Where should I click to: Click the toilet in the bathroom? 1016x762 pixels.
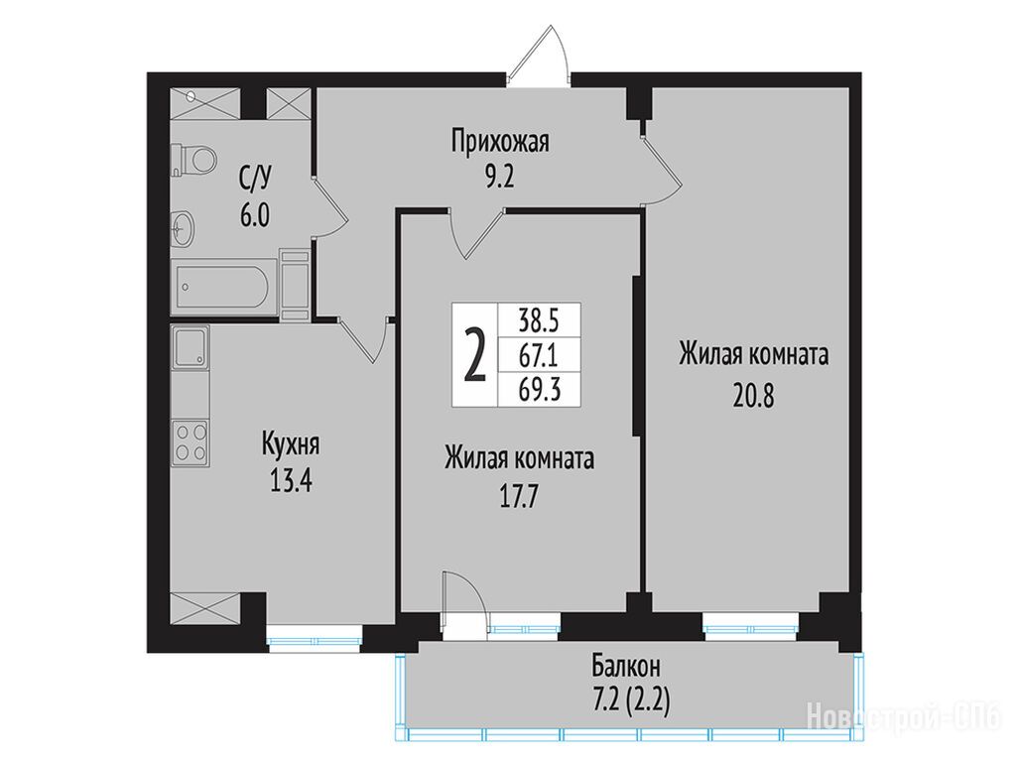click(193, 159)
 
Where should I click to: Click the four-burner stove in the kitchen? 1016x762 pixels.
click(190, 442)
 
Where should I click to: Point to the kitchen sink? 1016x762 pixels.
click(190, 346)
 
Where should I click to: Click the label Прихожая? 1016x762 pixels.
click(500, 141)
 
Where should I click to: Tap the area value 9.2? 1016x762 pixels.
click(500, 177)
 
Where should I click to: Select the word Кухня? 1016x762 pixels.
click(291, 445)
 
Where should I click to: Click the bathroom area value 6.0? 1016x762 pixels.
click(255, 214)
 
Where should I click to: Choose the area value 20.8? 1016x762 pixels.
click(754, 395)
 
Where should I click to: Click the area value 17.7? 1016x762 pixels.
click(519, 498)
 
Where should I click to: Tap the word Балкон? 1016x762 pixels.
click(626, 666)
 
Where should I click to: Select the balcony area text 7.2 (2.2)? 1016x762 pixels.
click(630, 700)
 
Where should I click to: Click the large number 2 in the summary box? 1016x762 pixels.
click(474, 355)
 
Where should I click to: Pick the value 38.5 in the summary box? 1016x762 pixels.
click(539, 319)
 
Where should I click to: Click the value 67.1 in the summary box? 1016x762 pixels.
click(539, 355)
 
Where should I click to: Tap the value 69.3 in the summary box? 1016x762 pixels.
click(539, 390)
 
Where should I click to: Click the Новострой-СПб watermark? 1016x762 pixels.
click(905, 716)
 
